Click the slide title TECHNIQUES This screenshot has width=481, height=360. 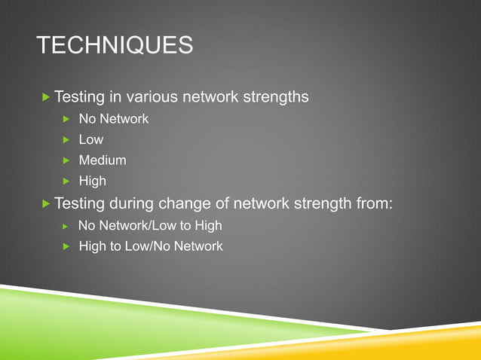coord(115,46)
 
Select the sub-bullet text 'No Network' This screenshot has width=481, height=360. coord(113,119)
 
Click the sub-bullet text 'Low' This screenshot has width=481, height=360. coord(91,139)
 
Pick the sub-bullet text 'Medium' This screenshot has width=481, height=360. coord(103,160)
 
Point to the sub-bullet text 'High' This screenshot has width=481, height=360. coord(93,181)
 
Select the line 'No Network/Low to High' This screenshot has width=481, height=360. coord(150,225)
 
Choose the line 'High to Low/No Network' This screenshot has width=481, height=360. coord(151,246)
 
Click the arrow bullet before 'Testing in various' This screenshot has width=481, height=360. coord(47,97)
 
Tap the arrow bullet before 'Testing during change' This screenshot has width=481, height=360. coord(47,203)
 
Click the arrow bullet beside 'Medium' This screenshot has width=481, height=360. coord(66,160)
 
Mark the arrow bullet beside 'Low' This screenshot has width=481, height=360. coord(66,140)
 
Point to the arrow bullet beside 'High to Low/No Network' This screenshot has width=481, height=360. coord(66,246)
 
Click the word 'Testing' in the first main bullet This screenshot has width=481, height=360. coord(78,97)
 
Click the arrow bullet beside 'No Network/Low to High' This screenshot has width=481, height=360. coord(66,226)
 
